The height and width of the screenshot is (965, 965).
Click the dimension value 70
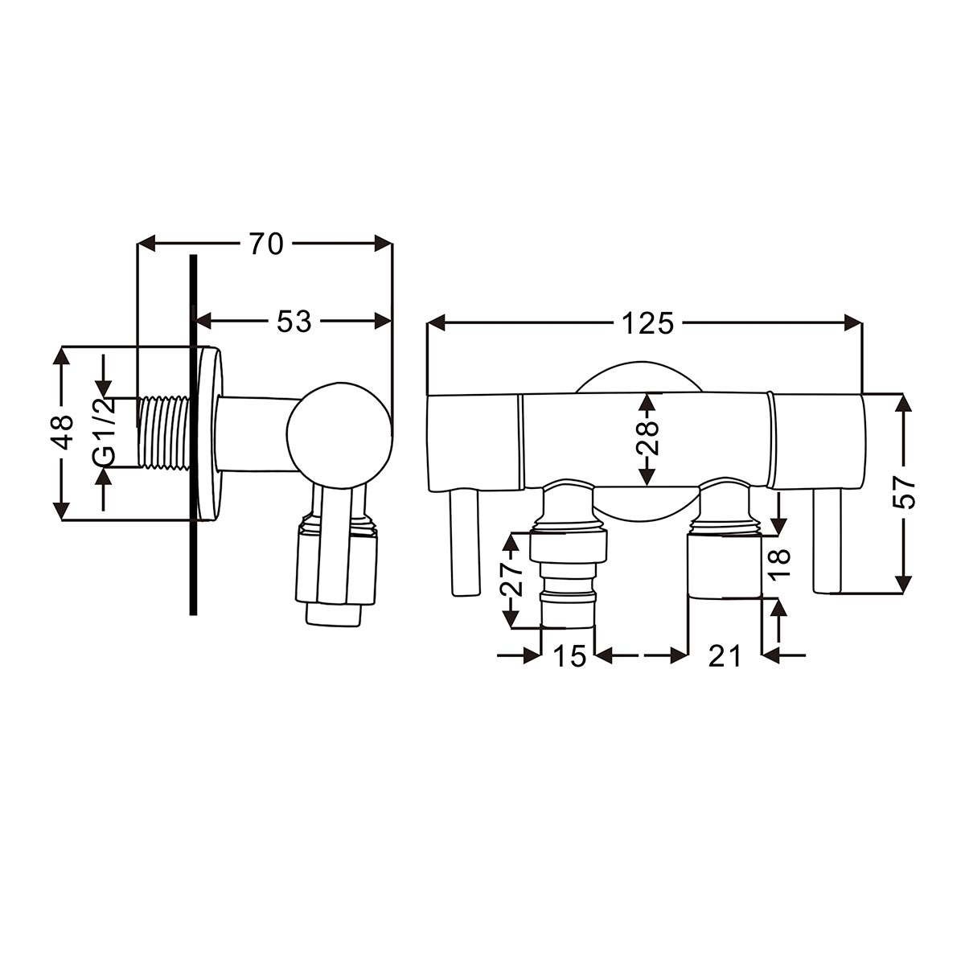pos(266,244)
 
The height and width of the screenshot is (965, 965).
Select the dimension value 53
pos(294,321)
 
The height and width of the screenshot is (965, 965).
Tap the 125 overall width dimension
pos(647,323)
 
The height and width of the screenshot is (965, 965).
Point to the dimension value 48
pos(62,433)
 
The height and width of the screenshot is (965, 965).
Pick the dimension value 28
pos(647,437)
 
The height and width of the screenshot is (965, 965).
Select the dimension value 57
pos(904,492)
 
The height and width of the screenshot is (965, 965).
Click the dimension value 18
pos(780,565)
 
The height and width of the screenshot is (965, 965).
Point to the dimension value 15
pos(569,655)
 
